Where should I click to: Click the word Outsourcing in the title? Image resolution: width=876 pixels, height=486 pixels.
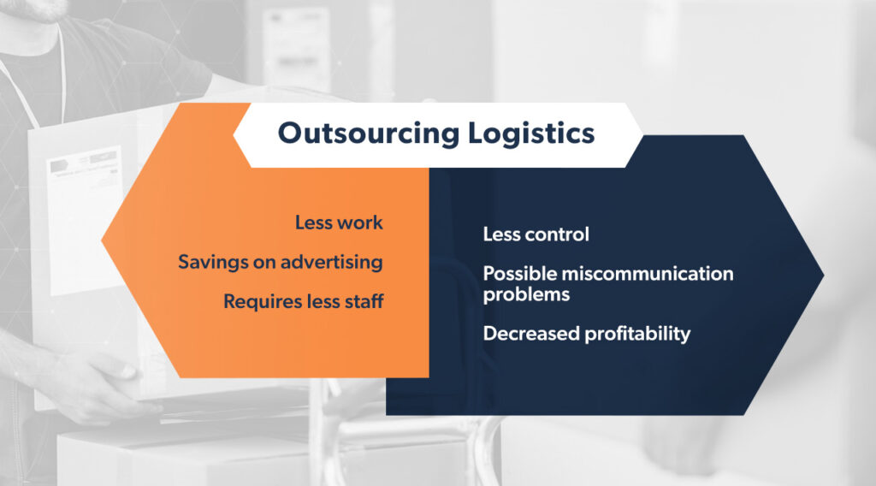369,134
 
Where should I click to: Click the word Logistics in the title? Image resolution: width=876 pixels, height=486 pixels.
531,134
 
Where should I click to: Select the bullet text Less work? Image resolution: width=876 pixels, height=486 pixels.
339,222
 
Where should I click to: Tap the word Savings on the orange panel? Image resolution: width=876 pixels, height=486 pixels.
213,262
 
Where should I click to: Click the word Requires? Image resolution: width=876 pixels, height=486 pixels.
262,302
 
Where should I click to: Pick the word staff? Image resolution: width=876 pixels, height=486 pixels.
364,301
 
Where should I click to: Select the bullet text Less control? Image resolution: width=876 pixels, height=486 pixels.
536,234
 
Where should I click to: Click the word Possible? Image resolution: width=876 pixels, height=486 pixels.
519,274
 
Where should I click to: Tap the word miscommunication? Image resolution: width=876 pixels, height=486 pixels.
648,274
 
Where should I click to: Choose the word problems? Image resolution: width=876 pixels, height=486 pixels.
526,294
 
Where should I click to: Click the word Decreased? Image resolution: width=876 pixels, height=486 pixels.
531,334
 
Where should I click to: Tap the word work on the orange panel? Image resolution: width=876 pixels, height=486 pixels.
360,222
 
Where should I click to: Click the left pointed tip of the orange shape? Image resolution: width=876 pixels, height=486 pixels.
102,240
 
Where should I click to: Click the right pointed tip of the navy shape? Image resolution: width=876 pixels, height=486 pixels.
824,275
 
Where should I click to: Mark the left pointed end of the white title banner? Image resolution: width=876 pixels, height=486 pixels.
234,135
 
